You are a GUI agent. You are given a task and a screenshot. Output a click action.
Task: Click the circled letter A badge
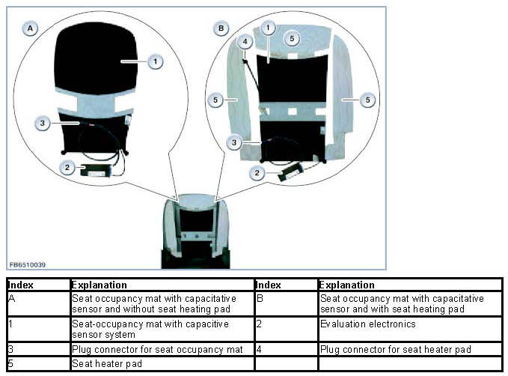[31, 28]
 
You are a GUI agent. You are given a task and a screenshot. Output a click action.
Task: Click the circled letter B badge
[221, 28]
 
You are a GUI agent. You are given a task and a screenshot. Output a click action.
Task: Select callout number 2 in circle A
[68, 169]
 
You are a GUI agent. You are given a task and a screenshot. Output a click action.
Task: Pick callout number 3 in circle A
[45, 121]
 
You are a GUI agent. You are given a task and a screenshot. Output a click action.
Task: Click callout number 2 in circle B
[258, 174]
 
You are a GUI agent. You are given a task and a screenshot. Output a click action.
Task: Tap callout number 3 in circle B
[234, 142]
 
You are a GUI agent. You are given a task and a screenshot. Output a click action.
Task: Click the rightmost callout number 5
[367, 99]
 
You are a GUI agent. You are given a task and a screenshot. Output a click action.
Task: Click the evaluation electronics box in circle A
[97, 170]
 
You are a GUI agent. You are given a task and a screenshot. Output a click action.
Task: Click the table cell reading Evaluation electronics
[367, 324]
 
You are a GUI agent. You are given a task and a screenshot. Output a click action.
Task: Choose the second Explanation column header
[346, 285]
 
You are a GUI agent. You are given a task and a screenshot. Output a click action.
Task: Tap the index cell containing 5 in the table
[12, 363]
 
